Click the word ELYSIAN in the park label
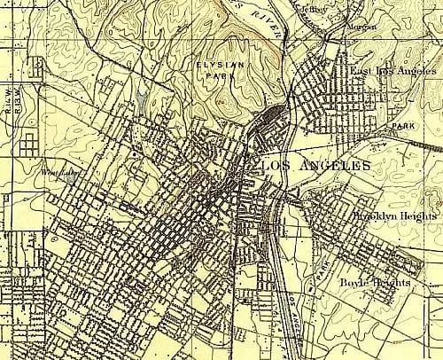click(225, 65)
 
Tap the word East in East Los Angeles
click(361, 70)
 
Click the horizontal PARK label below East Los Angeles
click(403, 127)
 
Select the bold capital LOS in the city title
click(272, 166)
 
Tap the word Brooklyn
click(374, 216)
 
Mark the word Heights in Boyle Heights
click(392, 282)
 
